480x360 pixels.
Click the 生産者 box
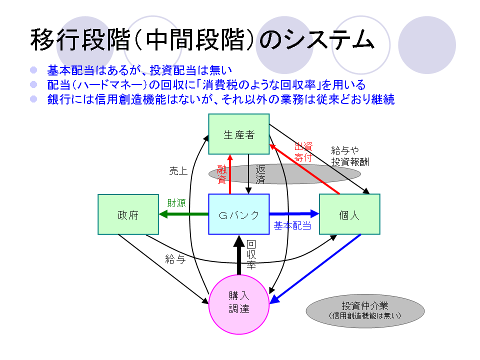pyautogui.click(x=239, y=134)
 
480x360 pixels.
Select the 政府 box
pyautogui.click(x=128, y=214)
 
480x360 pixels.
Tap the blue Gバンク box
pyautogui.click(x=239, y=214)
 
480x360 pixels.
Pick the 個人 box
pyautogui.click(x=349, y=214)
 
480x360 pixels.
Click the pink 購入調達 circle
pyautogui.click(x=239, y=303)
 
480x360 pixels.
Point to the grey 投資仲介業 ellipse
pyautogui.click(x=365, y=310)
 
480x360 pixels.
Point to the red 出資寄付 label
pyautogui.click(x=303, y=152)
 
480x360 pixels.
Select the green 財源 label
pyautogui.click(x=176, y=203)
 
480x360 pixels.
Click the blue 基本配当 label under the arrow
pyautogui.click(x=292, y=226)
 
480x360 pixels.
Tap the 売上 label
pyautogui.click(x=178, y=171)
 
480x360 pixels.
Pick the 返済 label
pyautogui.click(x=260, y=174)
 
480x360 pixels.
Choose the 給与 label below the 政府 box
pyautogui.click(x=175, y=259)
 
